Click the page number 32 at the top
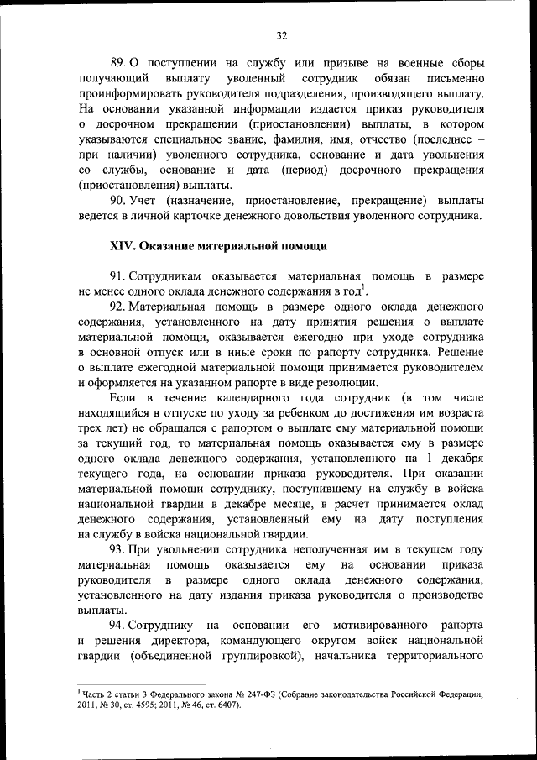[x=281, y=34]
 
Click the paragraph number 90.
[x=118, y=201]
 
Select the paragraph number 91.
[x=118, y=276]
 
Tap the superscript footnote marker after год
[x=363, y=288]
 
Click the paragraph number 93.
[x=118, y=550]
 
